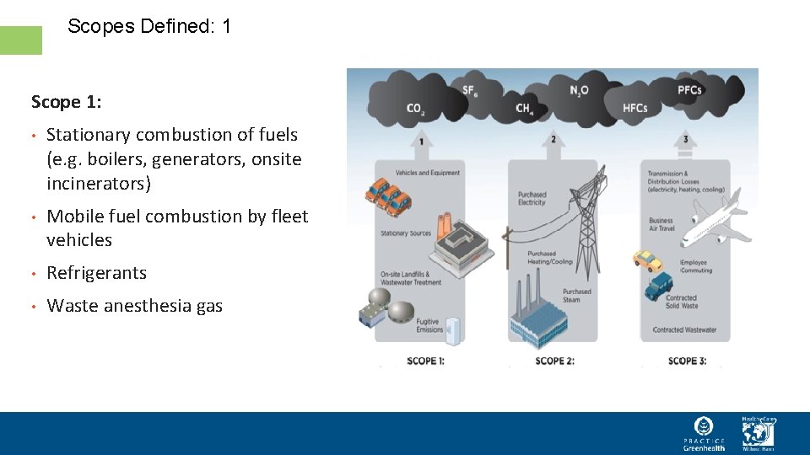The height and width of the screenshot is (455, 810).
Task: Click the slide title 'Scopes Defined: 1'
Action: (148, 26)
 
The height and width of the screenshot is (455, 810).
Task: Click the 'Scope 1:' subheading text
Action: (67, 102)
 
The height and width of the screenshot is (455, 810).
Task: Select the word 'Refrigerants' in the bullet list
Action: (96, 273)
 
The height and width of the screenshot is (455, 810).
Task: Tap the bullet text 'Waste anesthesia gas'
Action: (134, 306)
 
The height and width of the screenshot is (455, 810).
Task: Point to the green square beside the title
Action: (21, 40)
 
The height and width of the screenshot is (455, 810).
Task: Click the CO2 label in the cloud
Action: (415, 108)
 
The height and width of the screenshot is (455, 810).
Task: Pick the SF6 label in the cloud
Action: (470, 90)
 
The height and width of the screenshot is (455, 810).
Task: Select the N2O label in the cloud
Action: (579, 90)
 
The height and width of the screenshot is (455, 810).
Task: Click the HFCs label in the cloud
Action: (635, 108)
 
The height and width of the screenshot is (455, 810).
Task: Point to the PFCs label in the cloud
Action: (689, 90)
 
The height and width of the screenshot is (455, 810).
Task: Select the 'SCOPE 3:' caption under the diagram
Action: (687, 361)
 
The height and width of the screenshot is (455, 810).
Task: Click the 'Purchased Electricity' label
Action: (532, 199)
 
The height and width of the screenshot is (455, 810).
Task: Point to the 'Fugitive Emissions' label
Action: (429, 326)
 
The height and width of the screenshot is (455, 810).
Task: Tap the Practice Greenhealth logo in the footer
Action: (704, 433)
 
